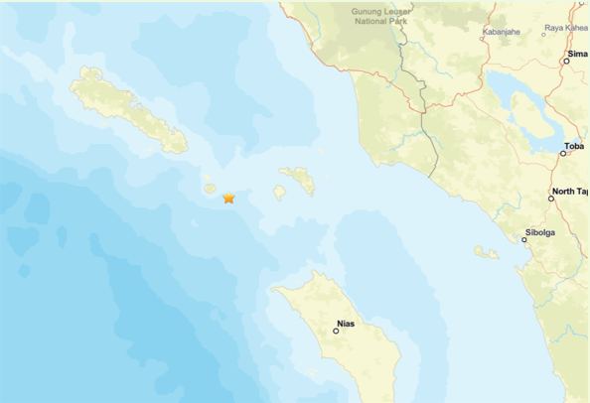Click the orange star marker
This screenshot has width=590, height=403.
(x=228, y=198)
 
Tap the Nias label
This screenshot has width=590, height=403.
(x=347, y=323)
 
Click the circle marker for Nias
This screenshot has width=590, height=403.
(x=336, y=332)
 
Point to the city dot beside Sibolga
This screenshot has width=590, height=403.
(x=524, y=240)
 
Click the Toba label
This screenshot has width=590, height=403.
(x=573, y=146)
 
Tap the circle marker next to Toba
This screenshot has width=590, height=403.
(x=563, y=154)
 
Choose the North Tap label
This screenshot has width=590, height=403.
(x=570, y=191)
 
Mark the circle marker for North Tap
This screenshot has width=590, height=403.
(x=551, y=199)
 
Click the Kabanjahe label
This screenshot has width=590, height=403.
(x=501, y=32)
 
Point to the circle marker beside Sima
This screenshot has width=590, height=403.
(x=566, y=62)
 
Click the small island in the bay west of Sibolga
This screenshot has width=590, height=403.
(x=486, y=252)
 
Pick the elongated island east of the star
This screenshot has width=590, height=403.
(x=297, y=181)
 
